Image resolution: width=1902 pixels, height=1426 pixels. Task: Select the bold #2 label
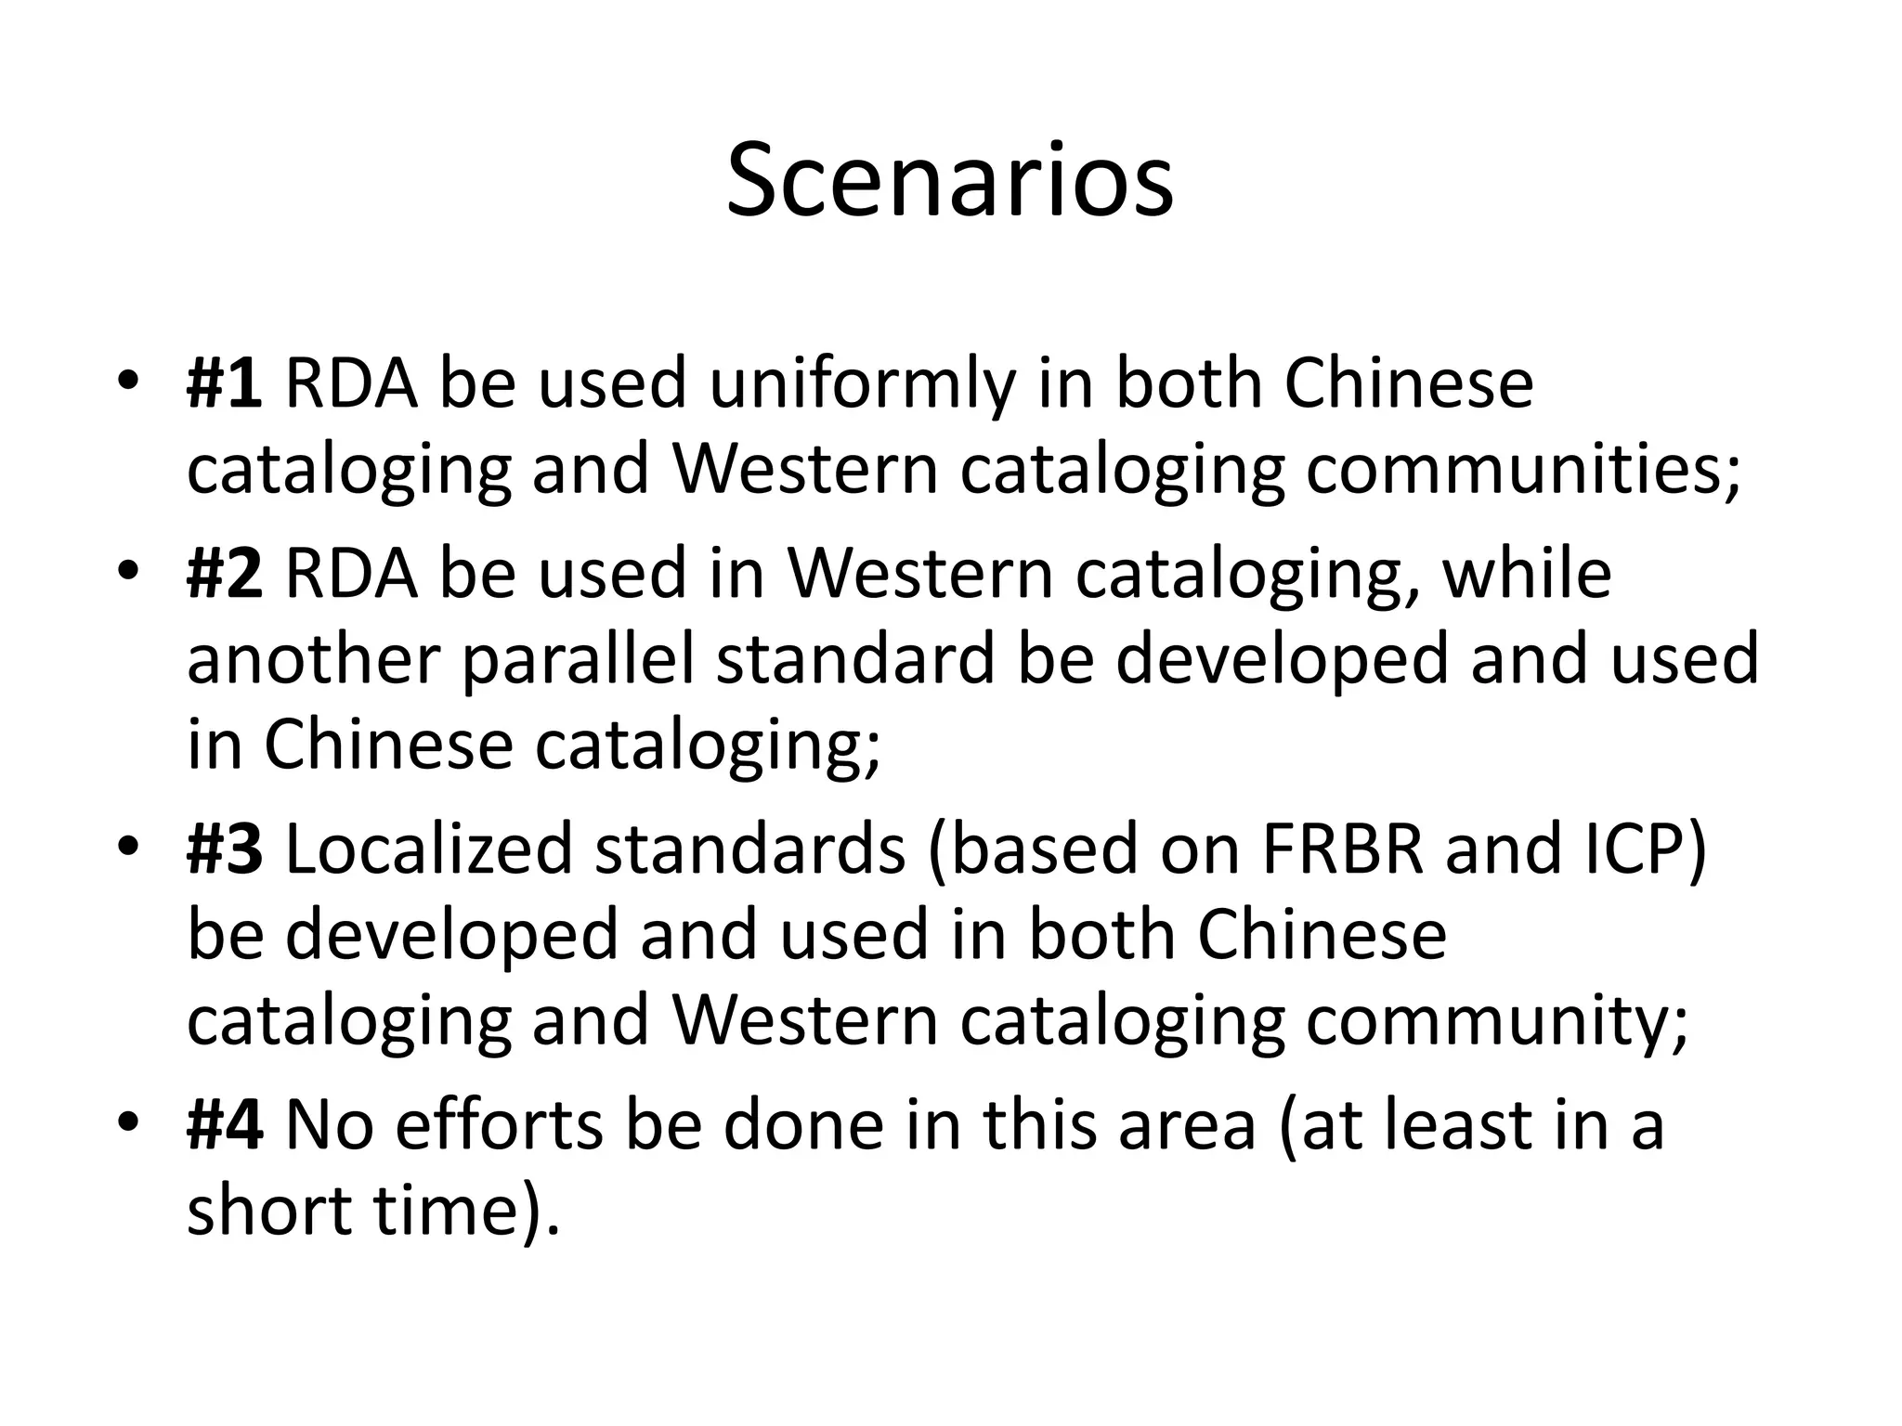coord(225,574)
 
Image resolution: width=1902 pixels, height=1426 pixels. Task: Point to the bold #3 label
coord(225,849)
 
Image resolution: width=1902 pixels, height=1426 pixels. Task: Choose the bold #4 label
coord(225,1125)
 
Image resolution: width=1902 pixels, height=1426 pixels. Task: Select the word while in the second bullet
coord(1526,574)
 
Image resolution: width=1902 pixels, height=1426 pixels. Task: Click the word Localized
coord(429,849)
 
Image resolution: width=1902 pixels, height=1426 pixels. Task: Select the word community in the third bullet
coord(1495,1021)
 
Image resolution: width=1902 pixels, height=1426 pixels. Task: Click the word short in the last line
coord(270,1211)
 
